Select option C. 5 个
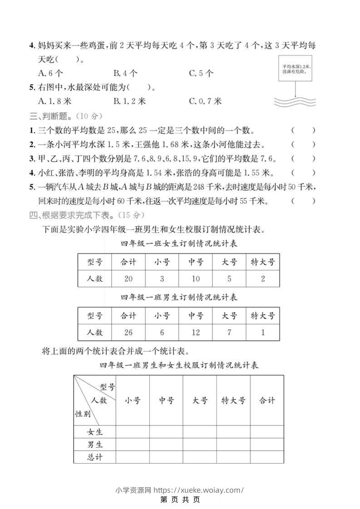tap(201, 73)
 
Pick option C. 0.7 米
tap(205, 101)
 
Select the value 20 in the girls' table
tap(128, 279)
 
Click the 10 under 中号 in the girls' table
tap(196, 279)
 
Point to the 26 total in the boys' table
tap(128, 333)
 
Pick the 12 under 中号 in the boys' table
tap(196, 333)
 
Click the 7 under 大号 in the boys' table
tap(229, 333)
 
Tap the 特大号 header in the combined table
tap(233, 401)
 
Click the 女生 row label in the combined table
tap(95, 431)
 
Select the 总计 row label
tap(95, 457)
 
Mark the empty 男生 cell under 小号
tap(133, 444)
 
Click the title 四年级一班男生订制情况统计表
tap(179, 298)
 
